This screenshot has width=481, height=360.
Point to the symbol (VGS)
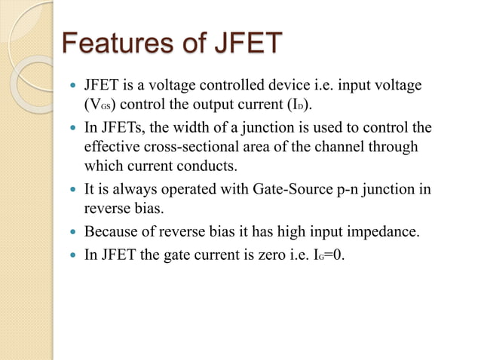click(103, 104)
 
